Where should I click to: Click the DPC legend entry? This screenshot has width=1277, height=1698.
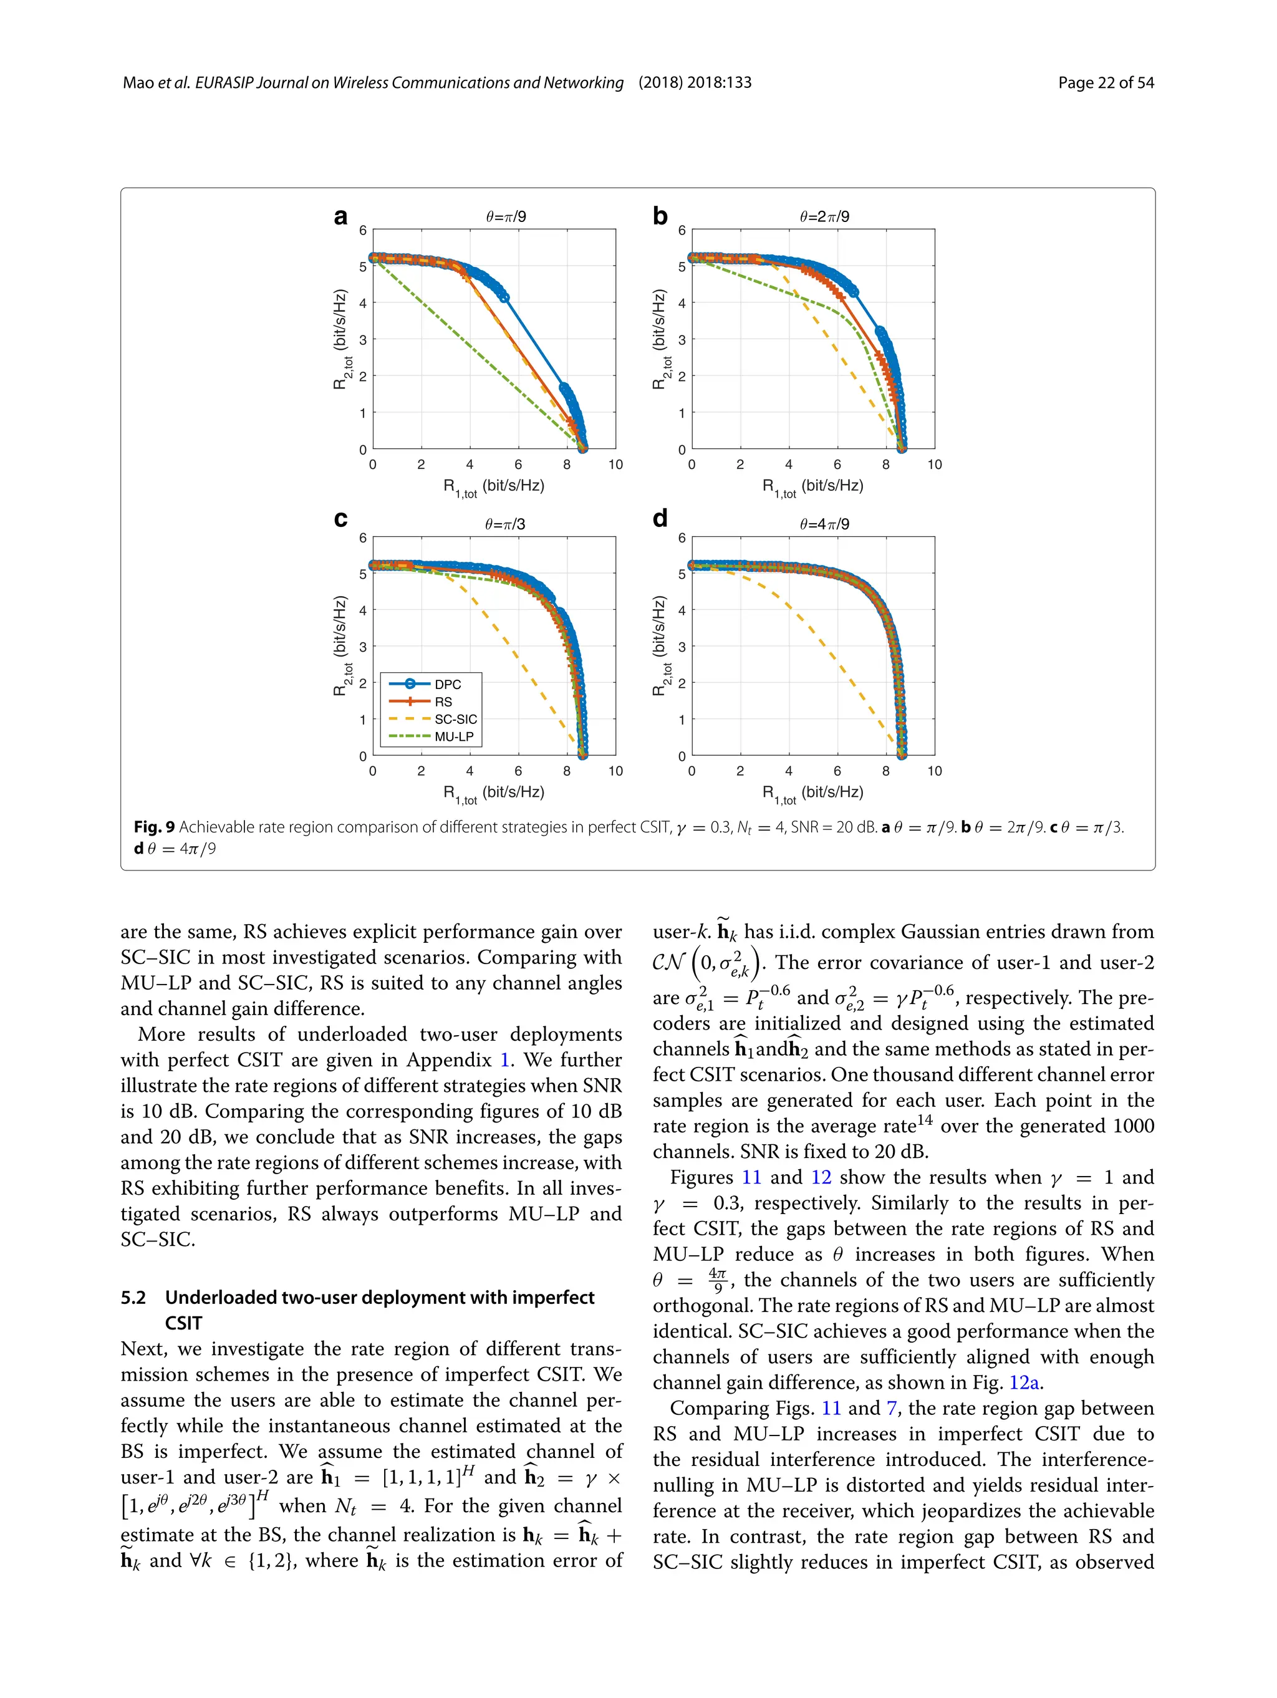(448, 684)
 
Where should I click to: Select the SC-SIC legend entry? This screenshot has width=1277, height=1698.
(455, 719)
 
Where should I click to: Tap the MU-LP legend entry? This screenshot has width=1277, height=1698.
(453, 736)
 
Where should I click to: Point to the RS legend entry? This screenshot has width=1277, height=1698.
(443, 702)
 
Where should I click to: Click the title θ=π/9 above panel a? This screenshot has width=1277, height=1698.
(506, 216)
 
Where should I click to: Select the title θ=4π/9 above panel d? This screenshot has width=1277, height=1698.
(824, 524)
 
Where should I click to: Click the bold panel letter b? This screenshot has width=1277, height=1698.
(659, 216)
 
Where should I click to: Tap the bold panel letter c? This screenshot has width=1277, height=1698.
(340, 519)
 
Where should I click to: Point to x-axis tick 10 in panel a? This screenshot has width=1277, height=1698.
(615, 465)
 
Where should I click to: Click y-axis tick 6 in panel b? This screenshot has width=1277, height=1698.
(682, 229)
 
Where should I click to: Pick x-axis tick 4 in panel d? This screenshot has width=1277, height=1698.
(788, 771)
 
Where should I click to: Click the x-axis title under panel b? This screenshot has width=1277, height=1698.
(812, 486)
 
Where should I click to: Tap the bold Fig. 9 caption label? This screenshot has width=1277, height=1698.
(154, 827)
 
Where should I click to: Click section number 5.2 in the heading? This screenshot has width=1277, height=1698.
(133, 1297)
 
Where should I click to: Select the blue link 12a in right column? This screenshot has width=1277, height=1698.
(1024, 1382)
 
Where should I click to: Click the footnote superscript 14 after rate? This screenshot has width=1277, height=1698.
(925, 1120)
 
